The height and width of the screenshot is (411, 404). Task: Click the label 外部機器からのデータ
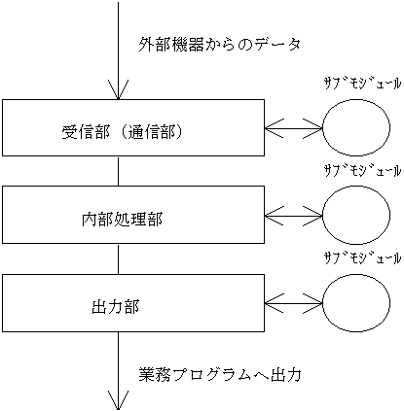220,45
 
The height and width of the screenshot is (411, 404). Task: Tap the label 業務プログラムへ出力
220,375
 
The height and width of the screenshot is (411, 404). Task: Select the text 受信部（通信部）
122,132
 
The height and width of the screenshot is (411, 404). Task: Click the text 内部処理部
122,220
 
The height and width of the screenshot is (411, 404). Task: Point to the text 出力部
116,307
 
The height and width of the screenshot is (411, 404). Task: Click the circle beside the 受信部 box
356,98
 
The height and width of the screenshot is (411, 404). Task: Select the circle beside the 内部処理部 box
356,187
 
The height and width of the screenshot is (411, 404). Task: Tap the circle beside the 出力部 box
356,274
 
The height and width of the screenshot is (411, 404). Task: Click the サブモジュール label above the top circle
363,84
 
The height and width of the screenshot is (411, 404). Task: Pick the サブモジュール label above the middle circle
363,170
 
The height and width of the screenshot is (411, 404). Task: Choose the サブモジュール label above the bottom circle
363,258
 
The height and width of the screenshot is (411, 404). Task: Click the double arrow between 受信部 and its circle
293,128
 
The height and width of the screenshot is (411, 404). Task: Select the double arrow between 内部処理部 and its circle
293,216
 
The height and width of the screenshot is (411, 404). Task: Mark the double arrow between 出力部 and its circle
293,303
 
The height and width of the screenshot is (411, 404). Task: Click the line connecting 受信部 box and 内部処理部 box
118,171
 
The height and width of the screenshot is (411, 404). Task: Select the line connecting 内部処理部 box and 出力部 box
118,259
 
